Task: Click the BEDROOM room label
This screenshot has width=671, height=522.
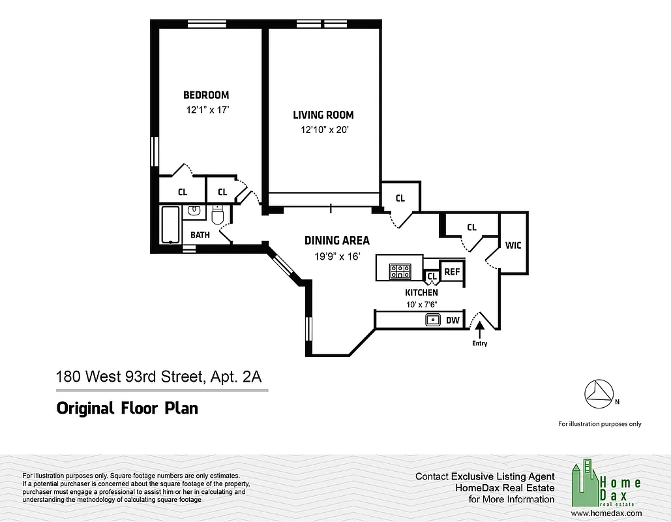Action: point(205,95)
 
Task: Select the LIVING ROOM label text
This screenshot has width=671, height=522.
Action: point(323,115)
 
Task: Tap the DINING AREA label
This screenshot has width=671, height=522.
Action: point(336,241)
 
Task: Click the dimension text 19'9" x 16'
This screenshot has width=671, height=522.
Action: point(336,256)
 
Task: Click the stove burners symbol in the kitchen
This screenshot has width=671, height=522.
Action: point(400,271)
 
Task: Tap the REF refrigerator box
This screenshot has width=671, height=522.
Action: point(451,271)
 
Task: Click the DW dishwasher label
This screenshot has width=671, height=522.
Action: point(453,320)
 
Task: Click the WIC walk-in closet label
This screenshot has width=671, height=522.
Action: point(513,245)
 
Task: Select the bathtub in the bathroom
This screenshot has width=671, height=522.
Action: point(171,225)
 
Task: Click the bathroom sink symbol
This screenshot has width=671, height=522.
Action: point(194,211)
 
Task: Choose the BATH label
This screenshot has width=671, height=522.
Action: point(200,235)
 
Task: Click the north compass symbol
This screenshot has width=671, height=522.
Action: point(599,391)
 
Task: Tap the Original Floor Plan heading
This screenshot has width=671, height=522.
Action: point(127,409)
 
